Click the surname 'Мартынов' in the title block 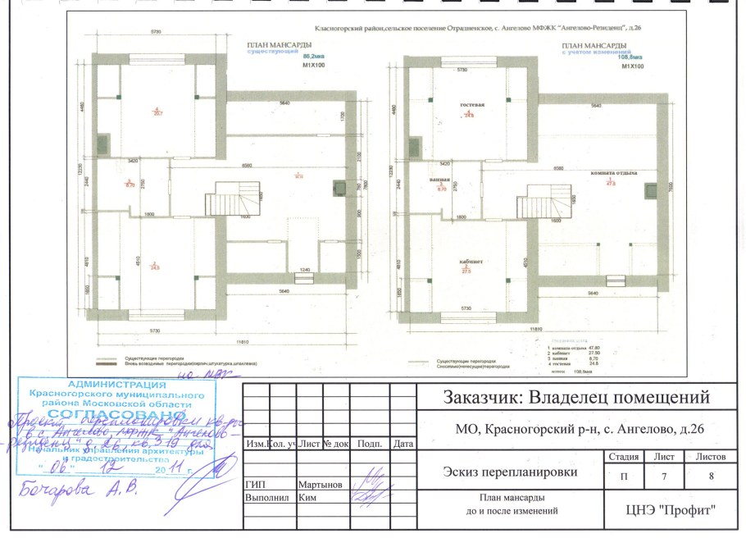[321, 485]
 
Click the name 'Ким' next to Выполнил [308, 498]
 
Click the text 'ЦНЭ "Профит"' [671, 510]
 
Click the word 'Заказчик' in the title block [486, 398]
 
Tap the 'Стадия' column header [620, 456]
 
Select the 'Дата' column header [403, 444]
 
